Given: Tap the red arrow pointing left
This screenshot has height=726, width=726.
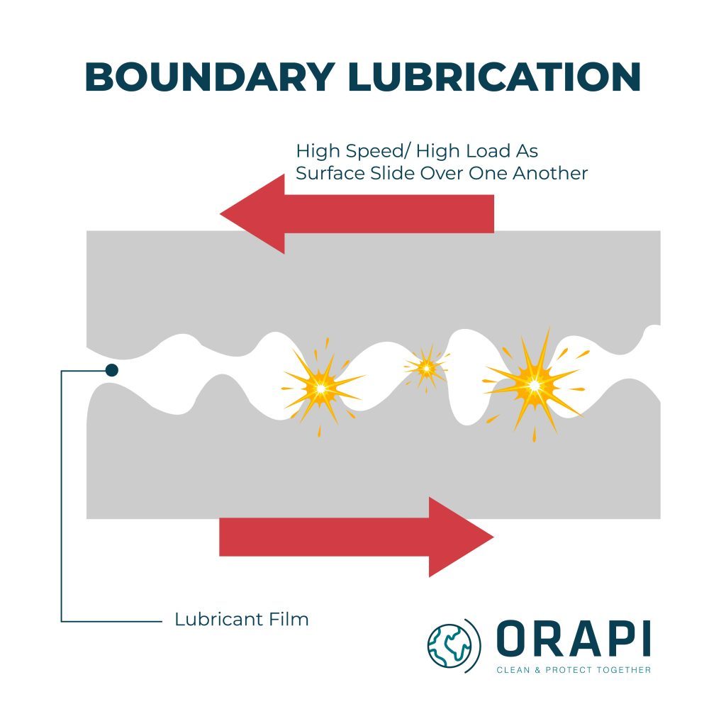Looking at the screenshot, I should click(354, 213).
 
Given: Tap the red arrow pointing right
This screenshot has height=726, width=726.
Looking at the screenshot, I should click(354, 537).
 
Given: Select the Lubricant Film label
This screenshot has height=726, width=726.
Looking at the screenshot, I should click(242, 619).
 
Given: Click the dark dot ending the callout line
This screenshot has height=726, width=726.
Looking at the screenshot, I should click(111, 369).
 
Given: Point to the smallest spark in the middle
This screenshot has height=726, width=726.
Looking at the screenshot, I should click(426, 367).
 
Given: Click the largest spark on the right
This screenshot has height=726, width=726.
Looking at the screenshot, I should click(534, 385).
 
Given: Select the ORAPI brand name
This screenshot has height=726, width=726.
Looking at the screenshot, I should click(573, 639).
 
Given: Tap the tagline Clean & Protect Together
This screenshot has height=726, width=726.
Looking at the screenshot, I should click(573, 670).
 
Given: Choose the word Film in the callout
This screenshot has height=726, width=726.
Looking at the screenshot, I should click(289, 619).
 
